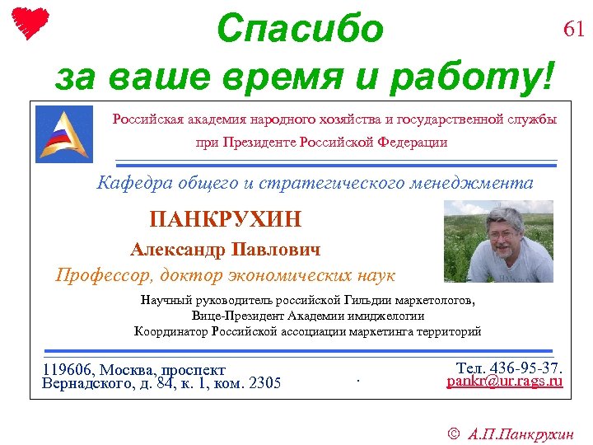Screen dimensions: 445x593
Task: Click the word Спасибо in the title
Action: pyautogui.click(x=300, y=30)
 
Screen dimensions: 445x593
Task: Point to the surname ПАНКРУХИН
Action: pyautogui.click(x=226, y=219)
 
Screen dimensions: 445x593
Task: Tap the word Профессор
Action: pyautogui.click(x=104, y=275)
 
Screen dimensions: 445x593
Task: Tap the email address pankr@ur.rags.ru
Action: pyautogui.click(x=505, y=382)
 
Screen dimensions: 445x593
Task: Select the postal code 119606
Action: pyautogui.click(x=68, y=370)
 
